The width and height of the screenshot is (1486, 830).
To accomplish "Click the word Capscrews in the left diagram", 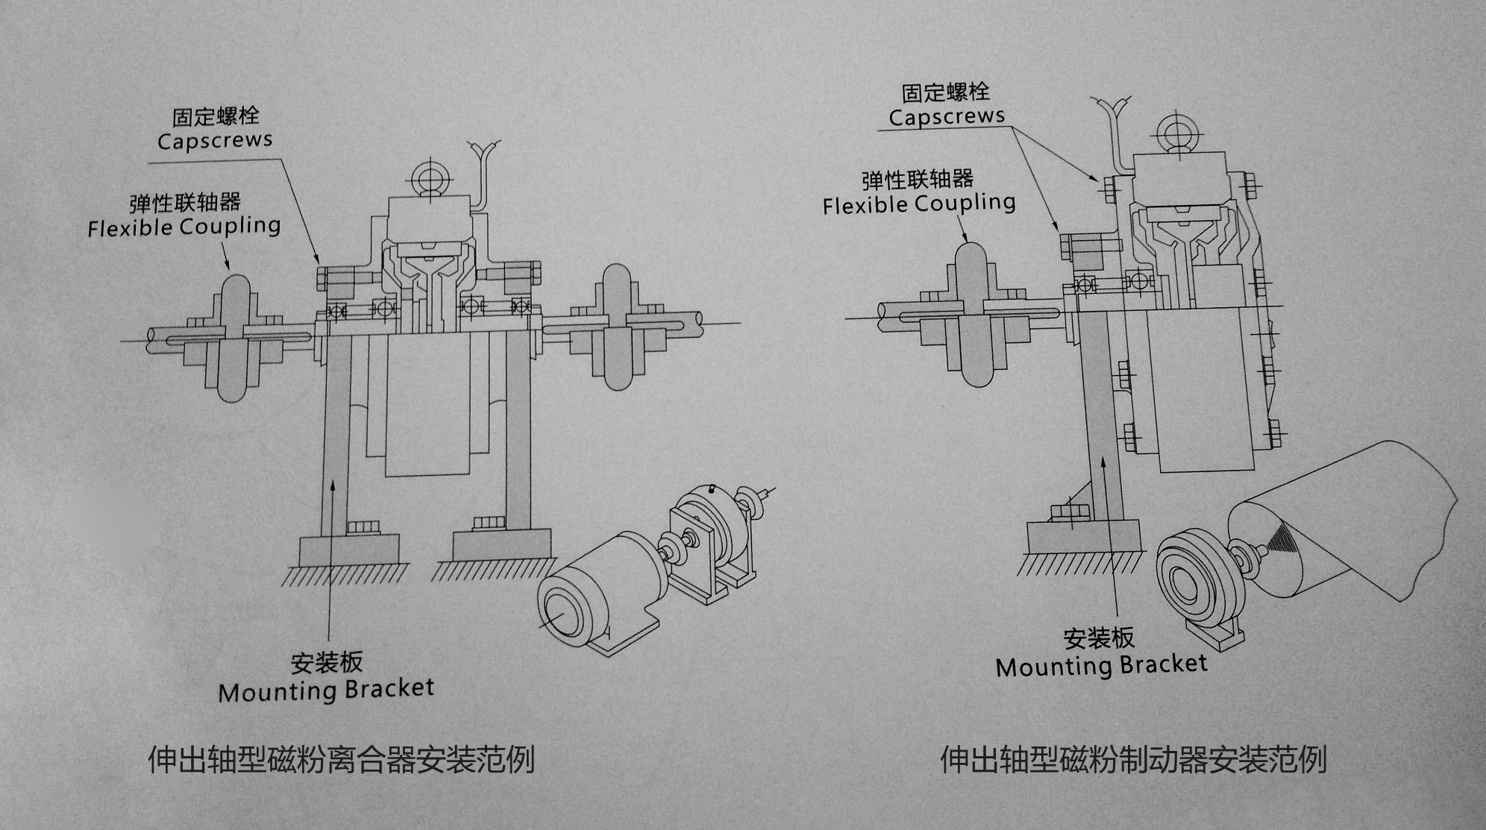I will point(215,140).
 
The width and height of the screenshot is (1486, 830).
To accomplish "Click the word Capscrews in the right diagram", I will point(947,116).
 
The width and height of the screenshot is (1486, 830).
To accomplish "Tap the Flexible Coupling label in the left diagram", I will point(184,227).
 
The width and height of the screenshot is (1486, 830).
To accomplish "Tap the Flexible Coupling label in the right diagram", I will point(919,204).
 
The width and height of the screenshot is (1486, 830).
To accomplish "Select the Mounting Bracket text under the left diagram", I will point(326,690).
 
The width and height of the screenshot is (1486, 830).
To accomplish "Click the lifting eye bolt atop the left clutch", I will point(428,177).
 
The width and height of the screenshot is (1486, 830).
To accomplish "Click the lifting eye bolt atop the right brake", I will point(1176,133).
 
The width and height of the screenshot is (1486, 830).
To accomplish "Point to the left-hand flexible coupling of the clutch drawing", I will point(233,338).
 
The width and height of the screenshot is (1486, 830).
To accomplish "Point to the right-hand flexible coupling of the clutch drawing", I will point(616,326).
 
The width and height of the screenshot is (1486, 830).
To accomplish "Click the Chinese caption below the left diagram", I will point(341,760).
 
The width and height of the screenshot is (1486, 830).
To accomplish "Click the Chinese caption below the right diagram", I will point(1133,760).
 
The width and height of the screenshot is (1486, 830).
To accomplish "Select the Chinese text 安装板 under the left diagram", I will point(327,662).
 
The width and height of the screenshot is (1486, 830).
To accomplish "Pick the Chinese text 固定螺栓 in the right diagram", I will point(946,92).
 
